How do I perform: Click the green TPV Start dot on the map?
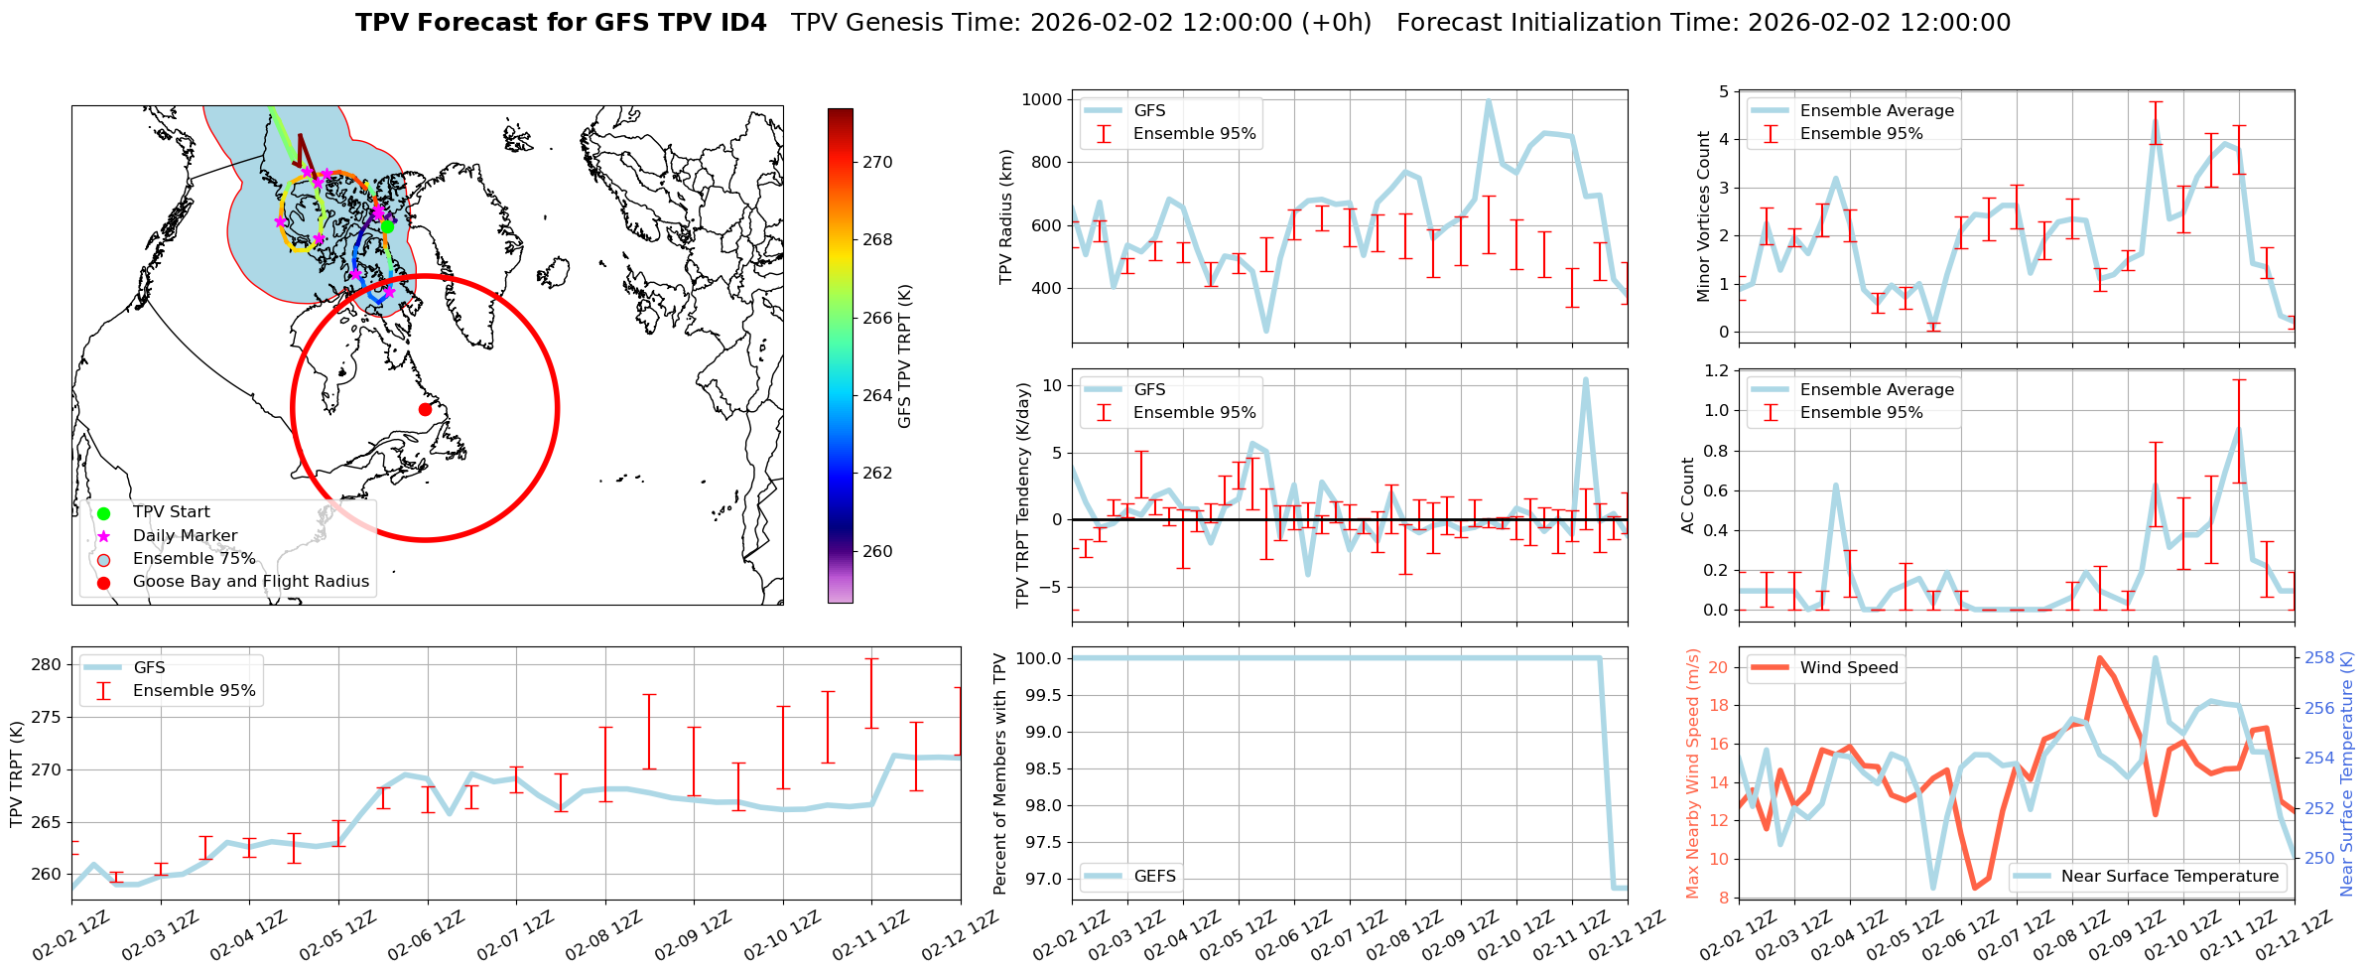[x=387, y=226]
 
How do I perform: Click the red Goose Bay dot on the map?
[x=425, y=409]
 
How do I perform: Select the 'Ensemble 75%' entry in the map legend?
[x=194, y=559]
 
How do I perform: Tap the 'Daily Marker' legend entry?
[x=185, y=536]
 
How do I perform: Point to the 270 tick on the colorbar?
[x=876, y=162]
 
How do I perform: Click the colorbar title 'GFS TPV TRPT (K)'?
[x=904, y=356]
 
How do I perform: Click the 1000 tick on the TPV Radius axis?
[x=1042, y=99]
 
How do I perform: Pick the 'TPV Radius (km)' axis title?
[x=1006, y=216]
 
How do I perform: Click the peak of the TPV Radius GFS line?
[x=1488, y=100]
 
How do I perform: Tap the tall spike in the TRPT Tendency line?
[x=1585, y=378]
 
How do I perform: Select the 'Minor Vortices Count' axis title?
[x=1703, y=216]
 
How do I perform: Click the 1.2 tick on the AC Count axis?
[x=1715, y=370]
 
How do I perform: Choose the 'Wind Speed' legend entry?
[x=1848, y=668]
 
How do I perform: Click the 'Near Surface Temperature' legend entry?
[x=2169, y=877]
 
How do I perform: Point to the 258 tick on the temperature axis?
[x=2319, y=657]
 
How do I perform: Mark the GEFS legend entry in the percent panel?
[x=1154, y=877]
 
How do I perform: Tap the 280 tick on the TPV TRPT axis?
[x=47, y=665]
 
